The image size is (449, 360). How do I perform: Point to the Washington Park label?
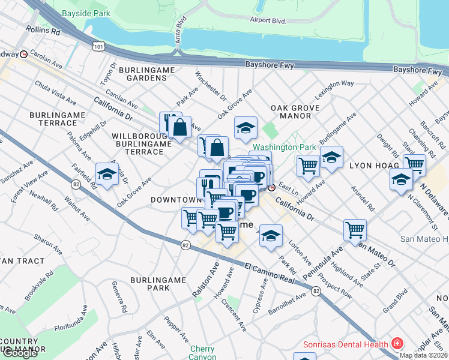(x=276, y=147)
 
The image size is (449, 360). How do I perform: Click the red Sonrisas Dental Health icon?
(x=397, y=344)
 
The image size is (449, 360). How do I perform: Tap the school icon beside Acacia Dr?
(x=106, y=174)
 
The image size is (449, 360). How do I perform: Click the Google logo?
(x=20, y=352)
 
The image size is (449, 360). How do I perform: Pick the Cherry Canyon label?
(x=202, y=353)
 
